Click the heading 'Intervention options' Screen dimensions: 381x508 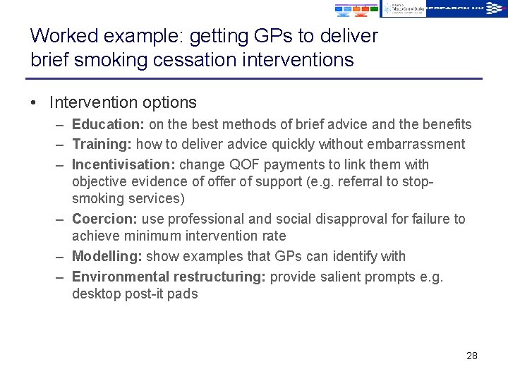click(123, 102)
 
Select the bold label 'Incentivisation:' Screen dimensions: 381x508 click(123, 164)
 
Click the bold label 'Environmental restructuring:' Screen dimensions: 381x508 click(169, 276)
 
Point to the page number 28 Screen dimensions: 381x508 click(472, 356)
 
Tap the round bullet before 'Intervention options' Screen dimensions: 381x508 click(34, 102)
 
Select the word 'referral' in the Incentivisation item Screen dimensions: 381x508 click(332, 181)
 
